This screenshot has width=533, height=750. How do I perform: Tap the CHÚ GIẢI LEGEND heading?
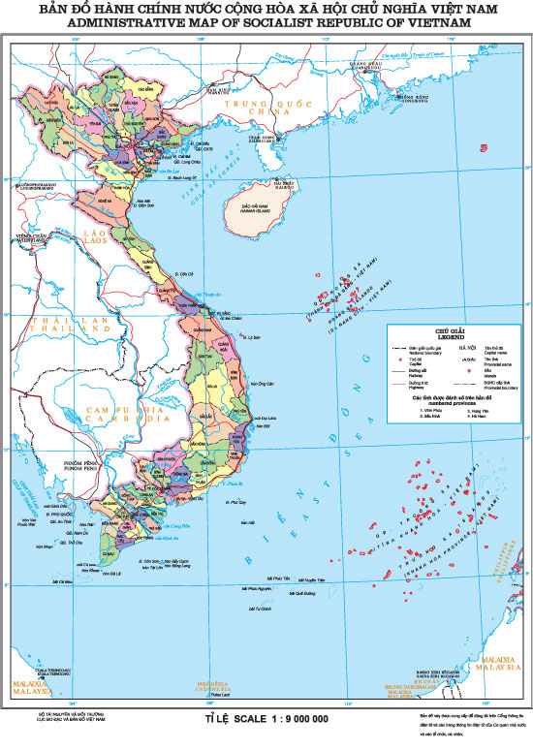tap(451, 331)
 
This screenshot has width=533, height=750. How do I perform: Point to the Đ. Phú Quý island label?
tap(234, 504)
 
